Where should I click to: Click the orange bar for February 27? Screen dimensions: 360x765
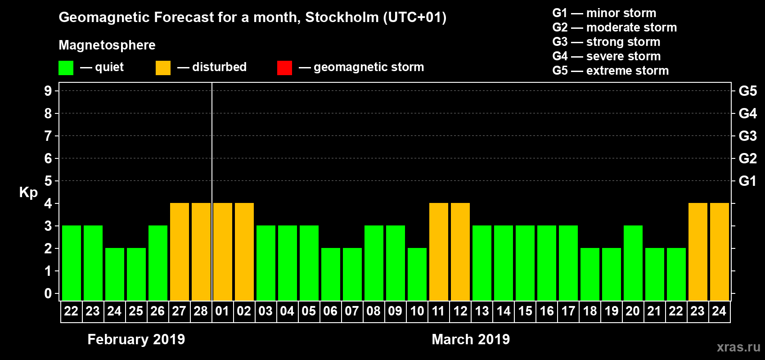pyautogui.click(x=180, y=252)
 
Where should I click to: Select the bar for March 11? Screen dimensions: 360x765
pyautogui.click(x=439, y=252)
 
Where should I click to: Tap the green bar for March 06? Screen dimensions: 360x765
pyautogui.click(x=331, y=274)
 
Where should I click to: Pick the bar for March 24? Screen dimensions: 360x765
pyautogui.click(x=720, y=252)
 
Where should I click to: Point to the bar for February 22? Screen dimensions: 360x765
pyautogui.click(x=72, y=263)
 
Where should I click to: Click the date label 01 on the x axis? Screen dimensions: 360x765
pyautogui.click(x=222, y=311)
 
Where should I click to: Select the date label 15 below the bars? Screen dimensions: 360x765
pyautogui.click(x=525, y=311)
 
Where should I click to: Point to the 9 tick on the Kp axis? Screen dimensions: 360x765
pyautogui.click(x=48, y=91)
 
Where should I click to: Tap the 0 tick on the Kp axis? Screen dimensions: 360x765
pyautogui.click(x=48, y=293)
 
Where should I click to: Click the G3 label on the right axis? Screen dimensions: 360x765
pyautogui.click(x=747, y=136)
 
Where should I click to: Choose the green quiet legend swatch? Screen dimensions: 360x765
pyautogui.click(x=66, y=68)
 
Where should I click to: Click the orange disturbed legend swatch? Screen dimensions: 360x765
pyautogui.click(x=163, y=68)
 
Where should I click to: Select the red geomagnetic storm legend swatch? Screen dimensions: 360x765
pyautogui.click(x=284, y=68)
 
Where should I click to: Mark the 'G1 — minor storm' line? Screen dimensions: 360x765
pyautogui.click(x=604, y=13)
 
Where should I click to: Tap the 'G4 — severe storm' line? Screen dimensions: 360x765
pyautogui.click(x=606, y=56)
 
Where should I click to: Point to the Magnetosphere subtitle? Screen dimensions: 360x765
pyautogui.click(x=107, y=45)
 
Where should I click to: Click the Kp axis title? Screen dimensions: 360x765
pyautogui.click(x=28, y=193)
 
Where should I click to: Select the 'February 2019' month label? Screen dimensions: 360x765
pyautogui.click(x=136, y=339)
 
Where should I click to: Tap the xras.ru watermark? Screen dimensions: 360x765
pyautogui.click(x=738, y=347)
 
